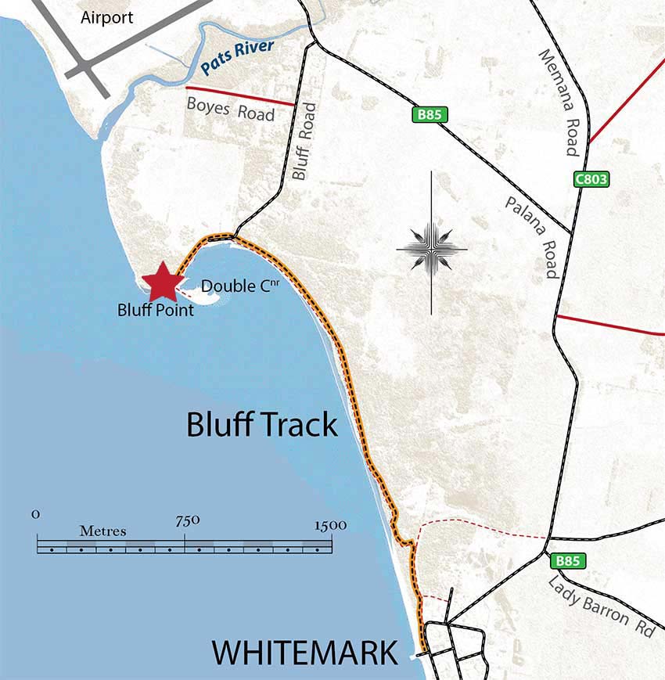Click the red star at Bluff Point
point(162,282)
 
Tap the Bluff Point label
point(155,309)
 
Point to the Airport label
point(107,17)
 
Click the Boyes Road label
point(230,109)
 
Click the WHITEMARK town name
point(304,653)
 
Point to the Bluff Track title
point(262,425)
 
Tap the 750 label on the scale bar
point(188,520)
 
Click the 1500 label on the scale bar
point(330,525)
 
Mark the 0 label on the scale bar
point(36,514)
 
